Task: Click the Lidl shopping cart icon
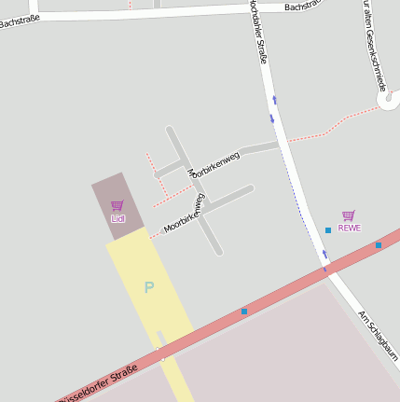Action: [x=117, y=205]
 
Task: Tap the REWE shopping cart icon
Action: [x=349, y=215]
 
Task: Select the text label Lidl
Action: [x=117, y=218]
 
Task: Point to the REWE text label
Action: [x=349, y=228]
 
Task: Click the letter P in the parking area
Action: [x=148, y=287]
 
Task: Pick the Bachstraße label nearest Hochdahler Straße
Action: [x=305, y=6]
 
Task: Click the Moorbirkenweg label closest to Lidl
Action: [x=184, y=213]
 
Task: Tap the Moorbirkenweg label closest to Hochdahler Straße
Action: [x=214, y=164]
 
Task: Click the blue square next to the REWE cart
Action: [x=328, y=229]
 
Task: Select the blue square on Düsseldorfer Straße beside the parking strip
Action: [x=244, y=311]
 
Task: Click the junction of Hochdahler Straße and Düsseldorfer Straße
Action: [x=326, y=270]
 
